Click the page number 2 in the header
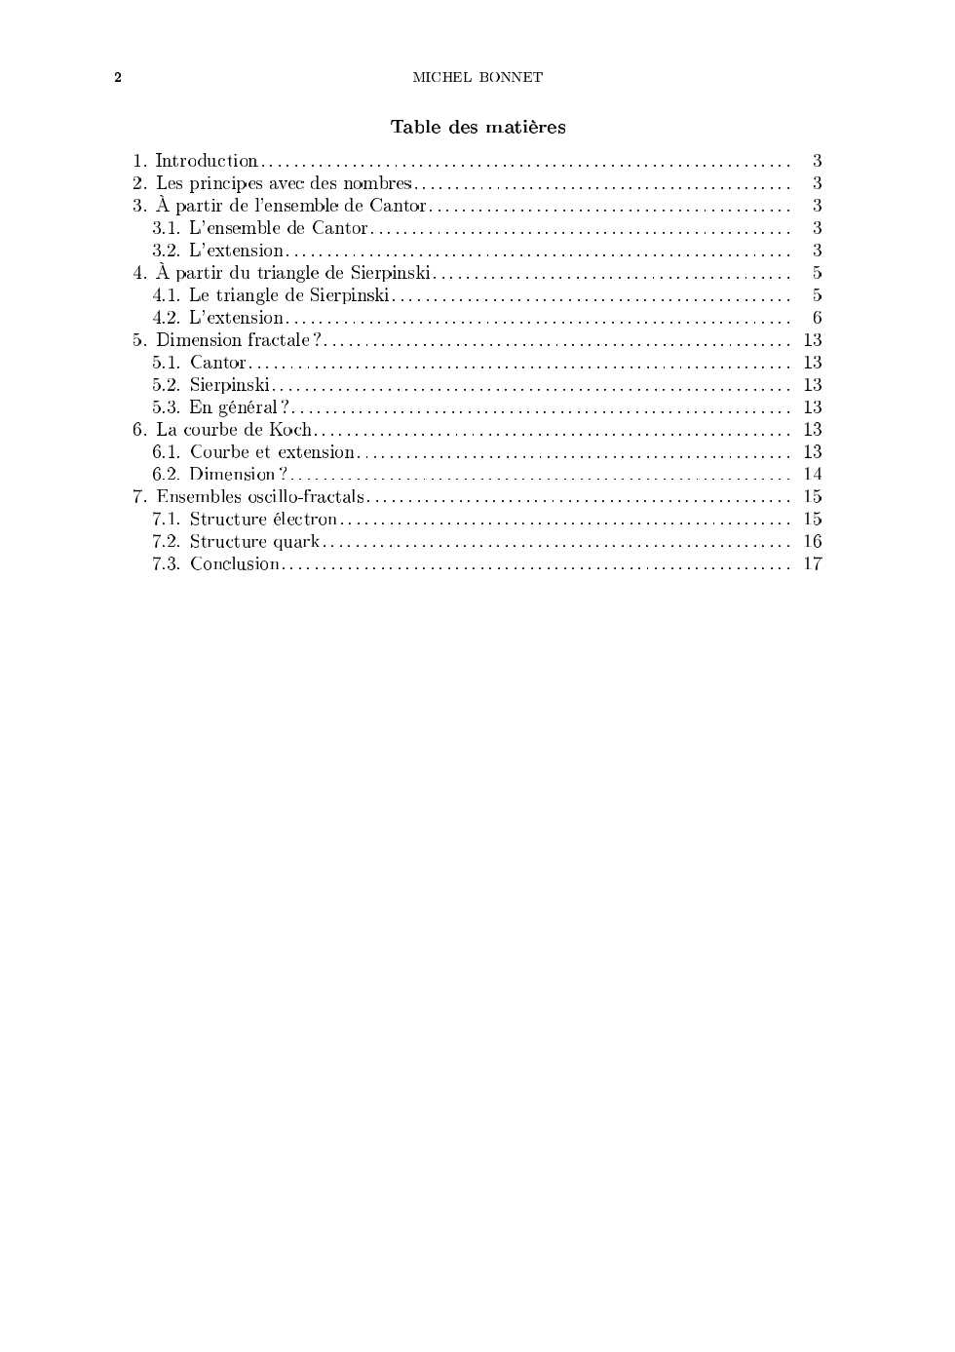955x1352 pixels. click(x=118, y=78)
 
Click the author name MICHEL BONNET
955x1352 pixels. click(x=477, y=78)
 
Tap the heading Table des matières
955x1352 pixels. click(x=477, y=127)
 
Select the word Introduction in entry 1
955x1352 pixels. click(x=207, y=161)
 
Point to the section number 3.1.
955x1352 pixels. click(x=166, y=228)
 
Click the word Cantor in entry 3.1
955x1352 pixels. click(x=339, y=228)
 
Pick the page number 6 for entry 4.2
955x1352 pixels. click(x=817, y=318)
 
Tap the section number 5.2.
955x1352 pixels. click(x=166, y=385)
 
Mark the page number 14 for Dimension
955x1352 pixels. click(x=813, y=475)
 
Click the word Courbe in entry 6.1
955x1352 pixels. click(x=219, y=452)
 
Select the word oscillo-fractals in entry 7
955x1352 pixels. click(x=306, y=497)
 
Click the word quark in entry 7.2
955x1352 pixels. click(x=296, y=542)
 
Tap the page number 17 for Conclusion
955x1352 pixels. click(x=813, y=564)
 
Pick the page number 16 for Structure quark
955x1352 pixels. click(x=813, y=542)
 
